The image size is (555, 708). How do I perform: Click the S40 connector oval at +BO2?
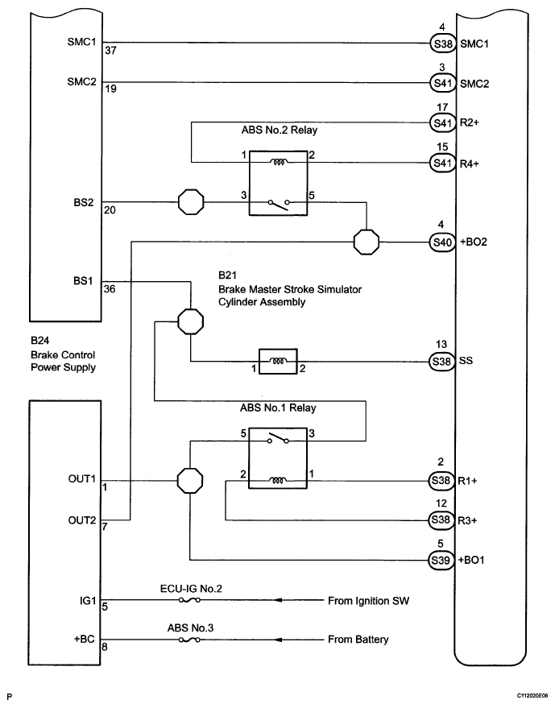pos(442,242)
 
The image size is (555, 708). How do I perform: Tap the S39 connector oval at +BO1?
pos(441,560)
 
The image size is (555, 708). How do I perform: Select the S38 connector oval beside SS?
pos(441,361)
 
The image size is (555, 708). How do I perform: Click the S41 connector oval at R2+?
pos(442,122)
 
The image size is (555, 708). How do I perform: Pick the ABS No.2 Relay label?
pos(279,130)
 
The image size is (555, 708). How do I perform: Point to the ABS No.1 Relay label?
pos(278,408)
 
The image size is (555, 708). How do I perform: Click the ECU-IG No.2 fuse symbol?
pos(189,600)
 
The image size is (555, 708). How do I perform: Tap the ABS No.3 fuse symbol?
pos(189,640)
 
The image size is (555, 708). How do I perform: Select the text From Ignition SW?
pos(368,601)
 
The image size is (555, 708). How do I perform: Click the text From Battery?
pos(358,640)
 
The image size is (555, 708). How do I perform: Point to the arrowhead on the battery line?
pos(279,640)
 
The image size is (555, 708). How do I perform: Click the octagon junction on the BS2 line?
pos(191,202)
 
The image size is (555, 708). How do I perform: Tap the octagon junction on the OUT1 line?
pos(189,480)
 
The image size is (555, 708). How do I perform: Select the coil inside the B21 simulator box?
pos(277,361)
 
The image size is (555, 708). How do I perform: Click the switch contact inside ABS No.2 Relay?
pos(278,204)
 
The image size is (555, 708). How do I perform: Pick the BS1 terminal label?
pos(83,281)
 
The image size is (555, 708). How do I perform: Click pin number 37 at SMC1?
pos(110,51)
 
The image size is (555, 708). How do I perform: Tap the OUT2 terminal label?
pos(82,520)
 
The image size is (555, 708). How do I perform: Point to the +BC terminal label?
pos(85,639)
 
